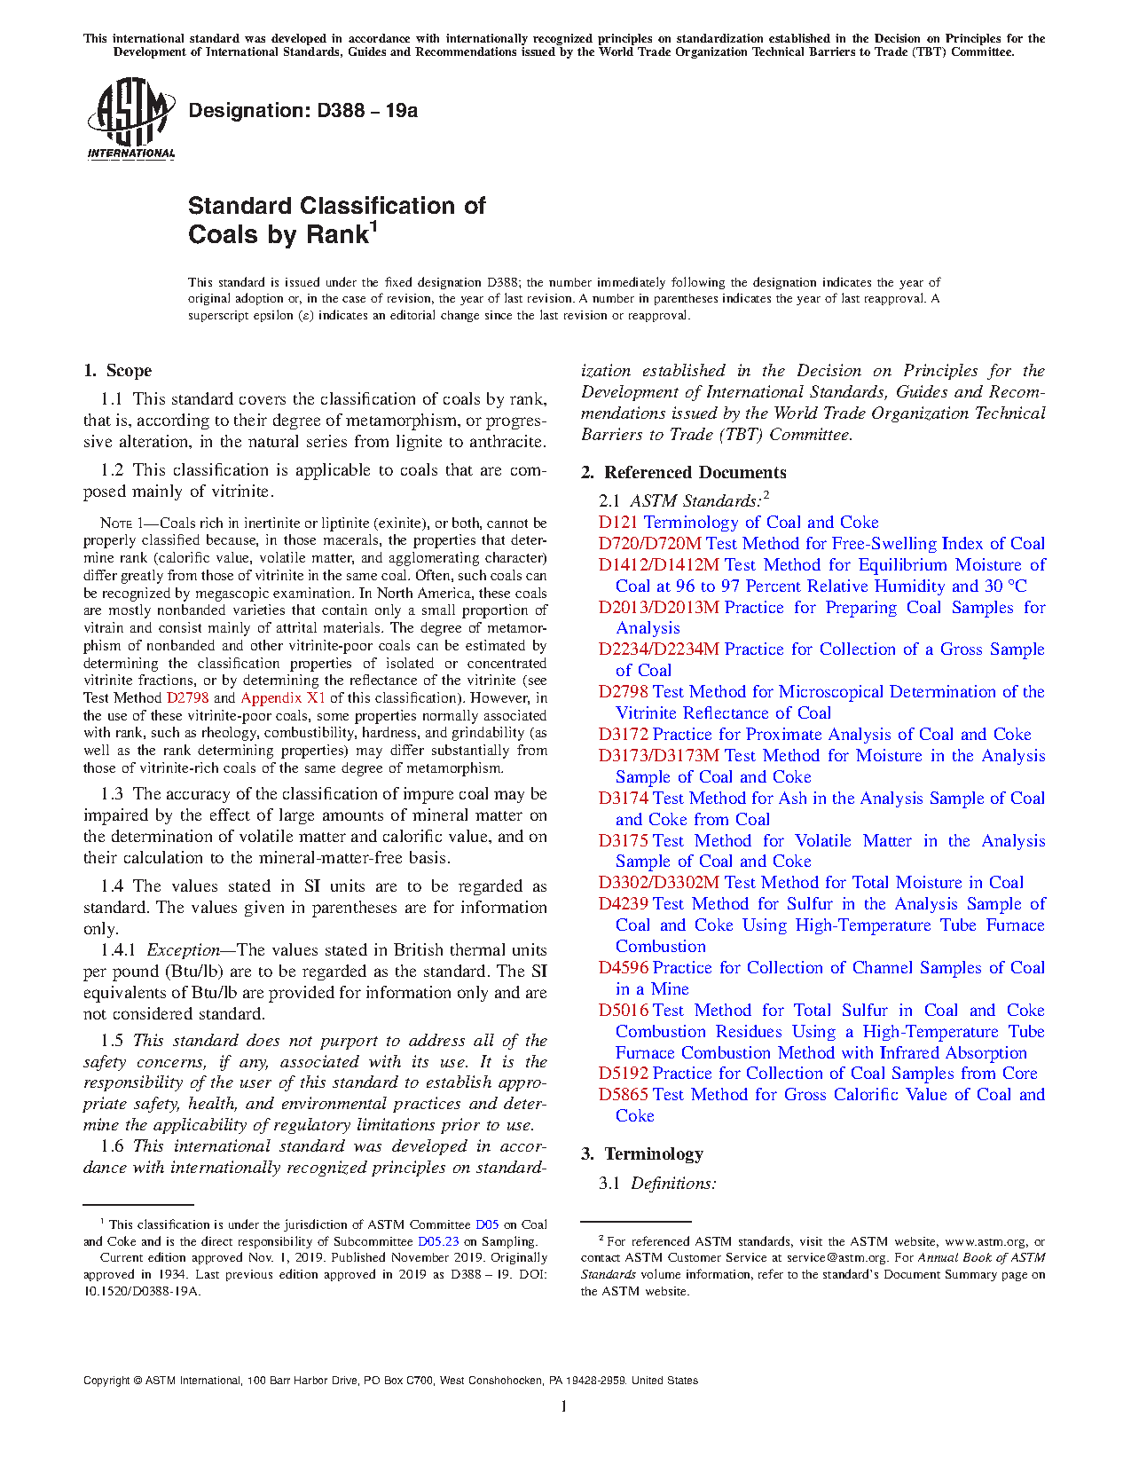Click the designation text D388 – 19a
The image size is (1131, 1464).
[302, 111]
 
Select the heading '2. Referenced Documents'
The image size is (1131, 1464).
[684, 473]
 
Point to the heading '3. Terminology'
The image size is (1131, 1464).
[642, 1154]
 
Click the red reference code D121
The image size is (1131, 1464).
[618, 523]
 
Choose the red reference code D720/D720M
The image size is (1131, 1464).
[649, 544]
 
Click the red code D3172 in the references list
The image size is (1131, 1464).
[624, 735]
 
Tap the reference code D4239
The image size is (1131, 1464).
[624, 904]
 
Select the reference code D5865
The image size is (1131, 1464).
[624, 1095]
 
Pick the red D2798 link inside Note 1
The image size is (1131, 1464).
[187, 698]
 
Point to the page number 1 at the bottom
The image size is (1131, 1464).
[564, 1406]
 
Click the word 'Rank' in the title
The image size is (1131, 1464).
[336, 235]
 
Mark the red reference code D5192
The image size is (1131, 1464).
[624, 1074]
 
